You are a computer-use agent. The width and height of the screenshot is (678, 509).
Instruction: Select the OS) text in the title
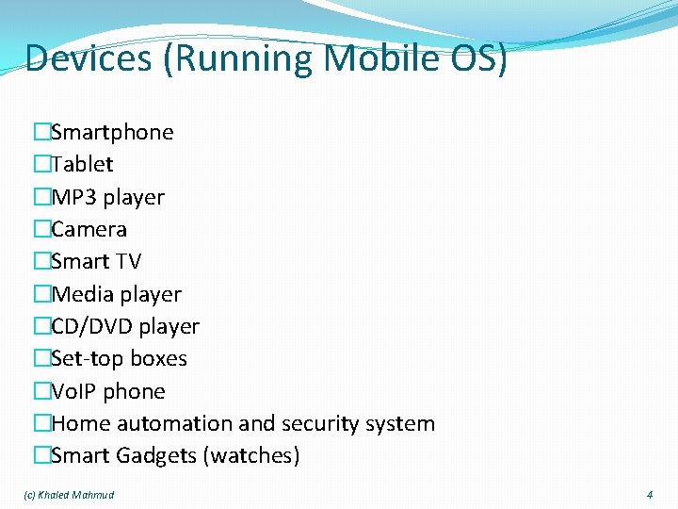pyautogui.click(x=483, y=58)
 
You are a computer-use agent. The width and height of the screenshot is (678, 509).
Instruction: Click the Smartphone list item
pyautogui.click(x=112, y=132)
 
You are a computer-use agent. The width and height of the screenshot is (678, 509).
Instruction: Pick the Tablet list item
pyautogui.click(x=82, y=164)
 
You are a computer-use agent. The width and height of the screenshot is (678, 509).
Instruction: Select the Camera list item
pyautogui.click(x=89, y=229)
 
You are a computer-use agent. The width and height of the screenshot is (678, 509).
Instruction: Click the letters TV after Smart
pyautogui.click(x=127, y=261)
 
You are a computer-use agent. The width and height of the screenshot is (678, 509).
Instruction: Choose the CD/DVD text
pyautogui.click(x=91, y=326)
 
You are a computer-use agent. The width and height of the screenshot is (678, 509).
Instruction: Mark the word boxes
pyautogui.click(x=158, y=358)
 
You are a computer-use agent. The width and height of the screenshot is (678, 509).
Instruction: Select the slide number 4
pyautogui.click(x=649, y=495)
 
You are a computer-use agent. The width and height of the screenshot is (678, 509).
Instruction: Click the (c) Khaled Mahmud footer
pyautogui.click(x=67, y=495)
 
